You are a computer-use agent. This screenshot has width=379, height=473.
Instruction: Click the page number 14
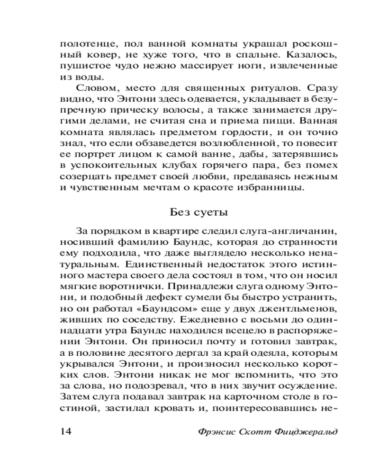[x=65, y=432]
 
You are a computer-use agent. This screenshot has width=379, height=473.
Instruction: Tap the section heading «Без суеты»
[x=199, y=212]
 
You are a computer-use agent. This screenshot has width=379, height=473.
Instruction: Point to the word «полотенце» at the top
[x=83, y=44]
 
